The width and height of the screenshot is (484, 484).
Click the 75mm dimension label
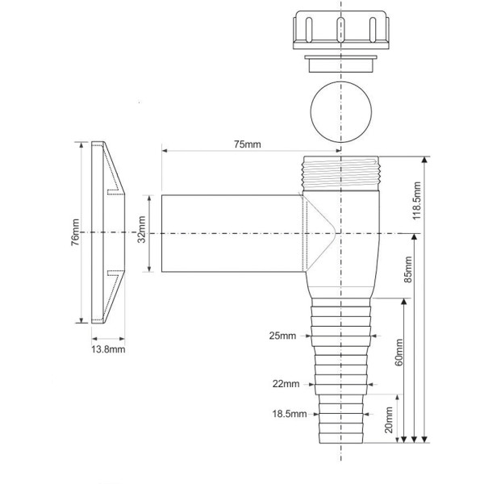click(247, 144)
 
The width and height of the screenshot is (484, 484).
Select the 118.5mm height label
click(417, 201)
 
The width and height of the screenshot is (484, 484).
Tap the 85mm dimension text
click(408, 269)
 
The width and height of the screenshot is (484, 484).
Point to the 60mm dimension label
click(399, 353)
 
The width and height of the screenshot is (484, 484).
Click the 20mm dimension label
click(389, 419)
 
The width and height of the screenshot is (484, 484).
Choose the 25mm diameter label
click(282, 336)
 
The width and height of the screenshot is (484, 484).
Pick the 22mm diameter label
click(286, 384)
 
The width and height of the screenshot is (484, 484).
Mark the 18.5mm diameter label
click(290, 414)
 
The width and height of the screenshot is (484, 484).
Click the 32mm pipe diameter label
click(141, 229)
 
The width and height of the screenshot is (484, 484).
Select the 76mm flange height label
click(75, 232)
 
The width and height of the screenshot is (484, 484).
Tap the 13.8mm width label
click(108, 349)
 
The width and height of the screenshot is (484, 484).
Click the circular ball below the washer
click(340, 112)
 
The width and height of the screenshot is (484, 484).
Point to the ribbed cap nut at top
click(340, 30)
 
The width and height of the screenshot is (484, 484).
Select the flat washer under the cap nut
click(340, 64)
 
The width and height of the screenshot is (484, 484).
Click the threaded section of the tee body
click(340, 173)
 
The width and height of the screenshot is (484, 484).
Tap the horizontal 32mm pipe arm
click(232, 233)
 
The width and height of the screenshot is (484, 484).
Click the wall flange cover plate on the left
click(108, 232)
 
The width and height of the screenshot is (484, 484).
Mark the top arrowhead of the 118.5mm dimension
click(425, 159)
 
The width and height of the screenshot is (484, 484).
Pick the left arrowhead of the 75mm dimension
click(165, 151)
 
